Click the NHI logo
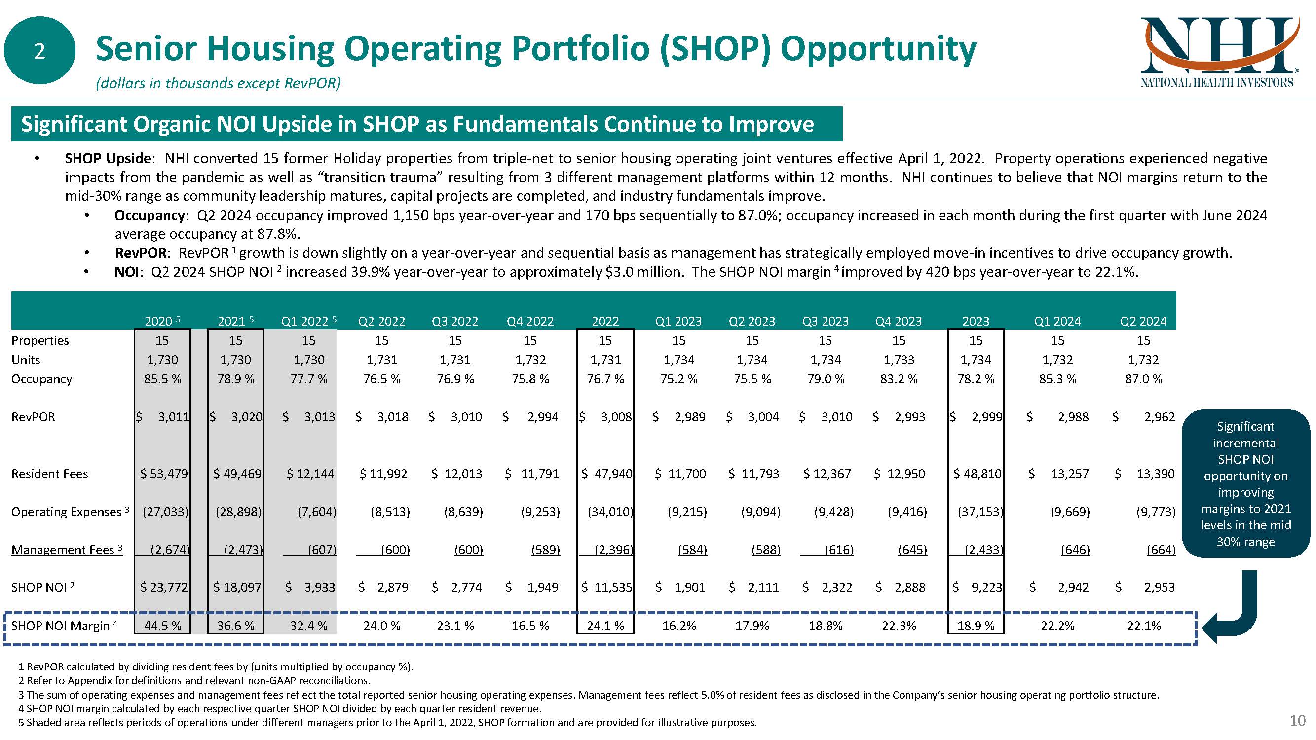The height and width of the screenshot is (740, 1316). pyautogui.click(x=1217, y=52)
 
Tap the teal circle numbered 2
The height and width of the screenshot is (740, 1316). pyautogui.click(x=39, y=50)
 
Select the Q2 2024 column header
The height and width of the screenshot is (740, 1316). pyautogui.click(x=1143, y=321)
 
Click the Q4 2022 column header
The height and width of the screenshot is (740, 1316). pyautogui.click(x=530, y=321)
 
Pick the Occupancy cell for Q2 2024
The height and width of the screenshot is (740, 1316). pyautogui.click(x=1143, y=379)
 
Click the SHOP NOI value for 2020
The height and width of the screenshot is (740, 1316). pyautogui.click(x=163, y=587)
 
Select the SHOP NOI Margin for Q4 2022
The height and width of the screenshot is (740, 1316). pyautogui.click(x=530, y=626)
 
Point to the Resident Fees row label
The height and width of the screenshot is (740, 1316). pyautogui.click(x=49, y=474)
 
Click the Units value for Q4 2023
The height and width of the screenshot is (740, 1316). pyautogui.click(x=899, y=360)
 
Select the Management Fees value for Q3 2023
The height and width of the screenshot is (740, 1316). pyautogui.click(x=838, y=550)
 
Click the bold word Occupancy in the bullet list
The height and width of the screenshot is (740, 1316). pyautogui.click(x=149, y=216)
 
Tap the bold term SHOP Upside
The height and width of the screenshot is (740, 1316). pyautogui.click(x=107, y=158)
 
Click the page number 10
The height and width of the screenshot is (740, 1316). pyautogui.click(x=1297, y=721)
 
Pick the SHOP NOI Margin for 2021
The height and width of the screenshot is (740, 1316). pyautogui.click(x=235, y=626)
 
